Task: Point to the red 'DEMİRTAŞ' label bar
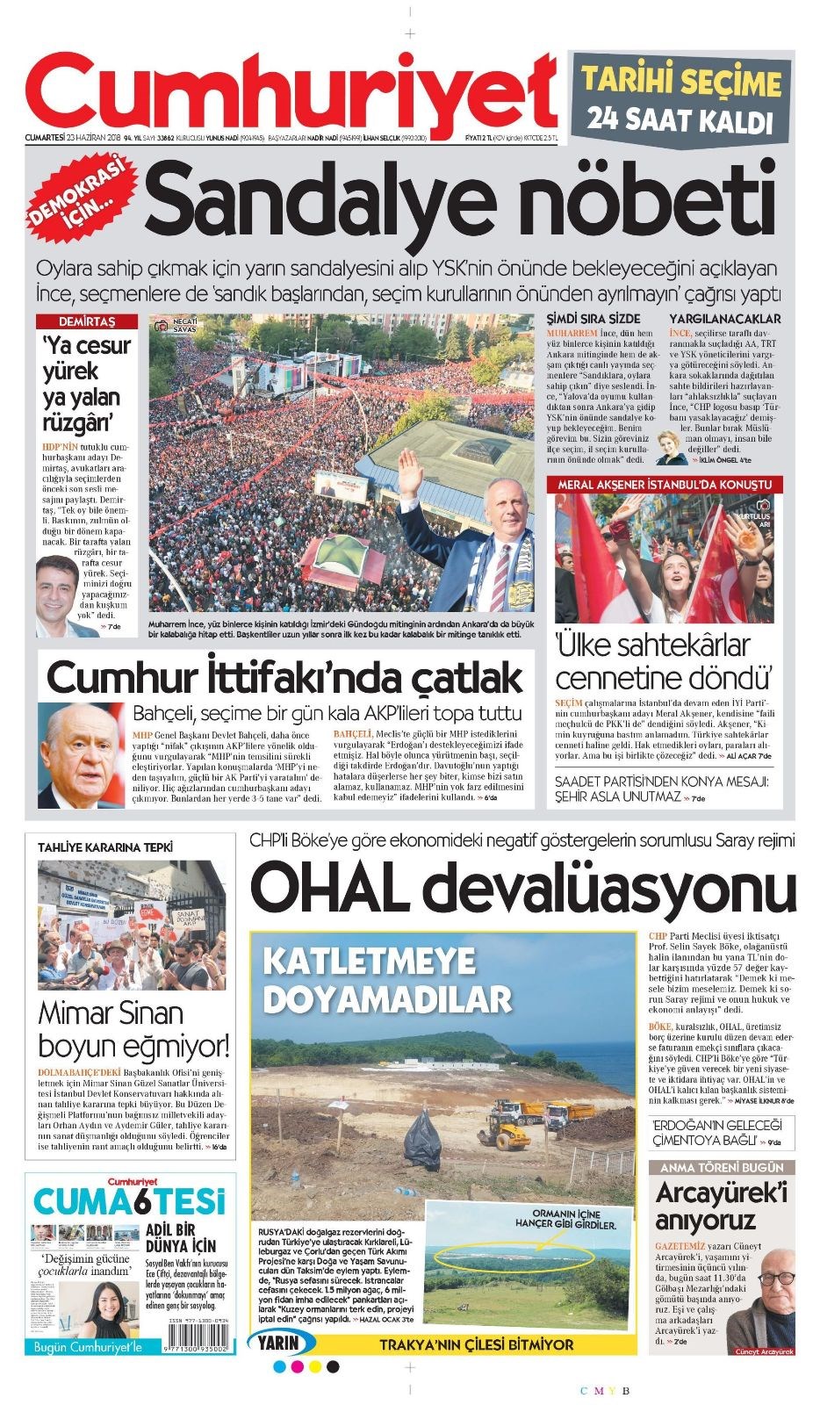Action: point(87,321)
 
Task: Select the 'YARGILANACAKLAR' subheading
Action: point(724,319)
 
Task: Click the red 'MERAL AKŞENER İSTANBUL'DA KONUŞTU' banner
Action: point(665,484)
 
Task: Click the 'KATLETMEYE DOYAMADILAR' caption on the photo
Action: point(385,980)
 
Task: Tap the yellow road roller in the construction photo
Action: point(503,1132)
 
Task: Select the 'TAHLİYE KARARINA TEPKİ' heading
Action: point(105,847)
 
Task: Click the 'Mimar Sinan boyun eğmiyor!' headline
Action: point(133,1029)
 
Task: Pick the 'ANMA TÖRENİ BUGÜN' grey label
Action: point(722,1168)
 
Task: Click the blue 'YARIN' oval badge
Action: point(284,1344)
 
